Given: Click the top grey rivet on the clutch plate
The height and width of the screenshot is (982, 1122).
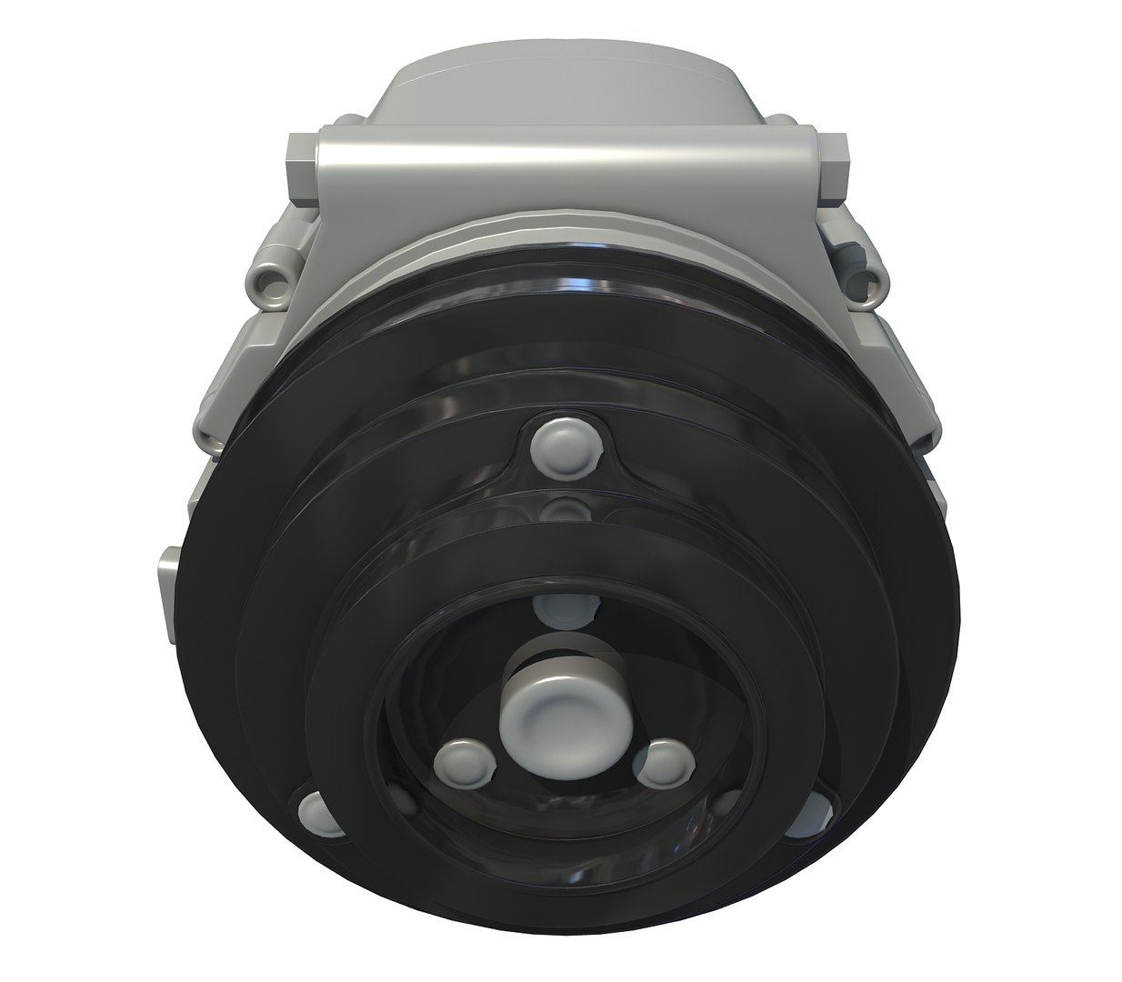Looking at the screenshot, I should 562,443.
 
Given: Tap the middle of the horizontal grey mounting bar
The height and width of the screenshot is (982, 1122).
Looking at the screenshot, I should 564,168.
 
